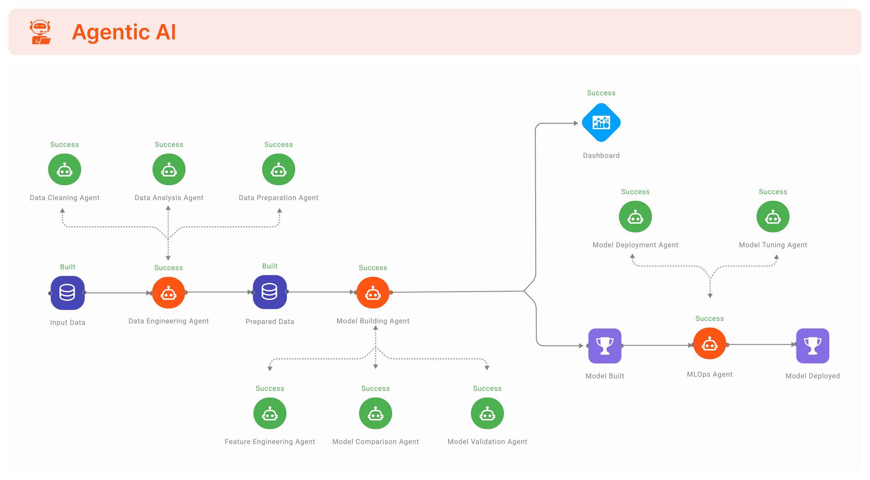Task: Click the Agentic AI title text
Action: pyautogui.click(x=124, y=32)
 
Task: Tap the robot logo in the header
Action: pyautogui.click(x=40, y=32)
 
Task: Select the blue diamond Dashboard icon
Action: pyautogui.click(x=601, y=122)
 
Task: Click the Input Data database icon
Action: pyautogui.click(x=68, y=293)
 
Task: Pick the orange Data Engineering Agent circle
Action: pyautogui.click(x=169, y=293)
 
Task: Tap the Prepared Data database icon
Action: pyautogui.click(x=270, y=292)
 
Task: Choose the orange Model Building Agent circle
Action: pyautogui.click(x=373, y=293)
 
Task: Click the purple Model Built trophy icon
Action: pyautogui.click(x=604, y=346)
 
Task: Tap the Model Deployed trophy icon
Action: pyautogui.click(x=813, y=346)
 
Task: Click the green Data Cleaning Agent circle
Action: pyautogui.click(x=65, y=169)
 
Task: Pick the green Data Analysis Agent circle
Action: pyautogui.click(x=169, y=169)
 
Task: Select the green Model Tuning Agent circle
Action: pyautogui.click(x=773, y=217)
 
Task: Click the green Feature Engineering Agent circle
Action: pyautogui.click(x=270, y=414)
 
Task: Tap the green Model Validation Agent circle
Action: pyautogui.click(x=487, y=414)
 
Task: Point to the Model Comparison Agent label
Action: pyautogui.click(x=375, y=442)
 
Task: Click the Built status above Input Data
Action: pyautogui.click(x=68, y=267)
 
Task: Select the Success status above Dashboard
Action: pyautogui.click(x=601, y=93)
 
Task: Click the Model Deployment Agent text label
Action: pyautogui.click(x=635, y=245)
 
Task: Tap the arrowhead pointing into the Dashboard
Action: pyautogui.click(x=576, y=123)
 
